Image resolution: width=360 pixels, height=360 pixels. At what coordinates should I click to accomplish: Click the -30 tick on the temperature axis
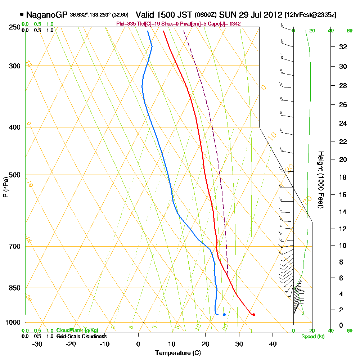[x=37, y=343]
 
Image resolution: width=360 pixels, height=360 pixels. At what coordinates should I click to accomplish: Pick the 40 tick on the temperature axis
[x=273, y=343]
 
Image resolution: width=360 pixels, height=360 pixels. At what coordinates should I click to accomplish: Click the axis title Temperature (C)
[x=178, y=353]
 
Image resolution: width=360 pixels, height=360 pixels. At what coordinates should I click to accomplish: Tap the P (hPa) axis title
[x=5, y=187]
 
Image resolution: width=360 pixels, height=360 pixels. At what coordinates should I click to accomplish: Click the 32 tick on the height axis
[x=343, y=47]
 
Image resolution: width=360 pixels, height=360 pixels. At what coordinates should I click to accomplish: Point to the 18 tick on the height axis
[x=343, y=177]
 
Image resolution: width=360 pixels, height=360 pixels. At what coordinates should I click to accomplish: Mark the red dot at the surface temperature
[x=254, y=315]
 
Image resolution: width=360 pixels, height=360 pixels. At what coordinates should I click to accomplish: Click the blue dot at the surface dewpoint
[x=224, y=315]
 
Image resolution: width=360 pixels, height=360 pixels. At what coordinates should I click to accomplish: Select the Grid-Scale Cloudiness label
[x=81, y=336]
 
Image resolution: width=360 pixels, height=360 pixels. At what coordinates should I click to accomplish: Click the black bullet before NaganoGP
[x=22, y=15]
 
